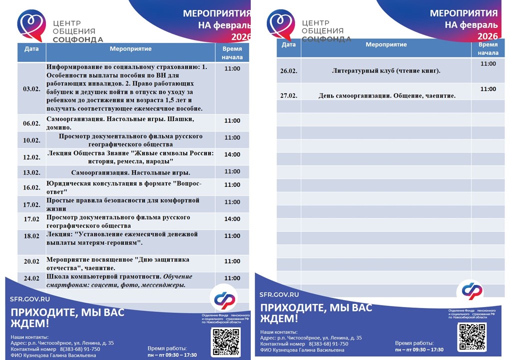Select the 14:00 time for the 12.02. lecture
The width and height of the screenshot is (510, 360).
click(232, 154)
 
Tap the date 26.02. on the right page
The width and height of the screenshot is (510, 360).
click(289, 71)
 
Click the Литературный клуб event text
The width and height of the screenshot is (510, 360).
click(386, 71)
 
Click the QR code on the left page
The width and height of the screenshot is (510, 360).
click(226, 341)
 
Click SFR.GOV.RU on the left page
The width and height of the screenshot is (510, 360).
click(30, 299)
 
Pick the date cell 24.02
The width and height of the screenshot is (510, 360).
click(31, 278)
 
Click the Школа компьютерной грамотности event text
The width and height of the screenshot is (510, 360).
click(119, 280)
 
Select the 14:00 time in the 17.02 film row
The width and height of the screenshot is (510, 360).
click(232, 219)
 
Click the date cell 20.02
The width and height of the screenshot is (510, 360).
click(31, 261)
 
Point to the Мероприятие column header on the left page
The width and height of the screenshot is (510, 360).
click(130, 49)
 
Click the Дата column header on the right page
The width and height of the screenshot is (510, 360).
click(289, 44)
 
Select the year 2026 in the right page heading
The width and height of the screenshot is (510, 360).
click(487, 36)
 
